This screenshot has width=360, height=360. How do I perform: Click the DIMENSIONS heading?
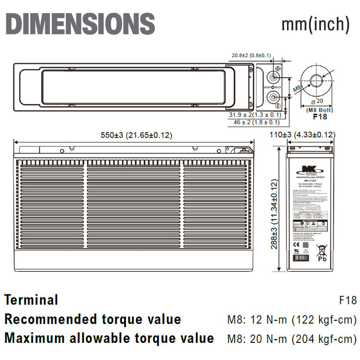click(x=80, y=24)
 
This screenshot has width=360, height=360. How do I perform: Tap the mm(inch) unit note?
click(x=315, y=24)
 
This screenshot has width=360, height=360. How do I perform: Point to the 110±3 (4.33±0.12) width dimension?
click(x=309, y=135)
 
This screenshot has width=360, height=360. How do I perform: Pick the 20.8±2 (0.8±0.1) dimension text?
click(x=251, y=55)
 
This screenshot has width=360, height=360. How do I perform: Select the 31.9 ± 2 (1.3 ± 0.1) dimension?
click(x=254, y=115)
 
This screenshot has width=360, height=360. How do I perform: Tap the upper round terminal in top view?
click(x=273, y=76)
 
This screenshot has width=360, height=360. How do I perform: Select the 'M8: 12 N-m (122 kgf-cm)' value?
click(x=292, y=320)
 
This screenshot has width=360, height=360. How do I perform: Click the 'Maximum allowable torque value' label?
click(x=109, y=337)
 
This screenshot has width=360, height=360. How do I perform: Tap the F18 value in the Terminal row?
click(x=347, y=300)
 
